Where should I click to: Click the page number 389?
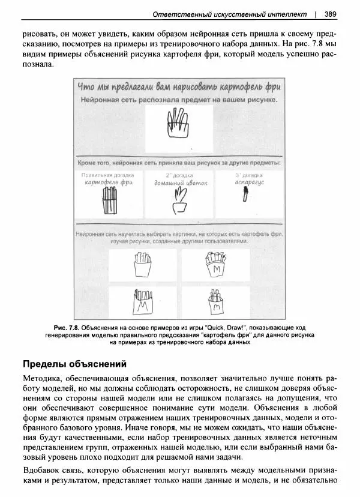[x=329, y=13]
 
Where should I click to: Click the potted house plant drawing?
[x=179, y=200]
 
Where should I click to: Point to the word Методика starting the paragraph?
[x=44, y=379]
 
